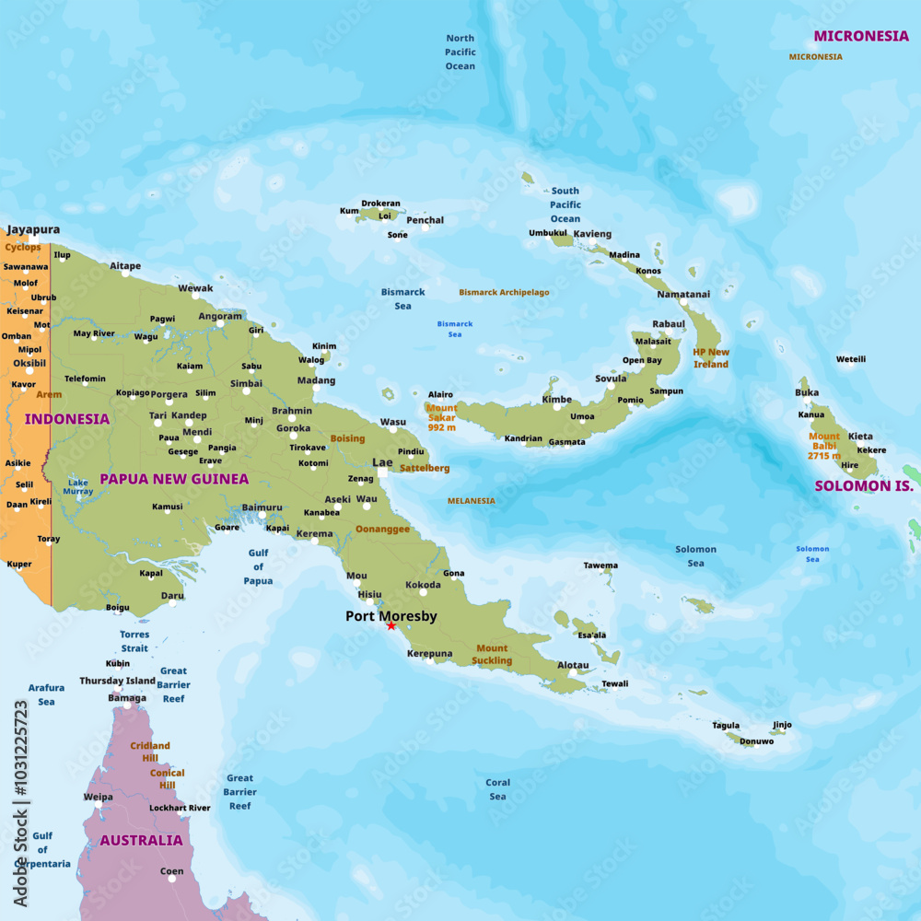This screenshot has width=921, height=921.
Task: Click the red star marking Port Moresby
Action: point(391,625)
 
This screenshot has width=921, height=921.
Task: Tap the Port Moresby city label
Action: point(391,616)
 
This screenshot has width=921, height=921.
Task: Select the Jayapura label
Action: point(33,229)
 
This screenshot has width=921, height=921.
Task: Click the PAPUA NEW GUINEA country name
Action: point(174,479)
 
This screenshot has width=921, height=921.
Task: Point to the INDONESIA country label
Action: point(66,419)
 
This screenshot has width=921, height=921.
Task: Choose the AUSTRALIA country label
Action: point(141,840)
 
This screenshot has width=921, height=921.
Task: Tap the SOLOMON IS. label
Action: point(863,485)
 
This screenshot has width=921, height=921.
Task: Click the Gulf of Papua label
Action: point(258,566)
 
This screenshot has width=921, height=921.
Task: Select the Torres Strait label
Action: point(134,641)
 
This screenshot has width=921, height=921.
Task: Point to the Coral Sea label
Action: point(497,789)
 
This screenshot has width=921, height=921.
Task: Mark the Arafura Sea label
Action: point(46,694)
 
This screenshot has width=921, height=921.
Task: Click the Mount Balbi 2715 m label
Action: point(824,446)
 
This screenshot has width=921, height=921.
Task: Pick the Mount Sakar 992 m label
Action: point(441,417)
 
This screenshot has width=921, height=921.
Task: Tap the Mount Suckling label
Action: point(492,654)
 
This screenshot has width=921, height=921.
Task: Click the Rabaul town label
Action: point(669,324)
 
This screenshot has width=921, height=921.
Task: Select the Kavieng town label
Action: point(592,234)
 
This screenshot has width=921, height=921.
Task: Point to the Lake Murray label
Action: point(78,486)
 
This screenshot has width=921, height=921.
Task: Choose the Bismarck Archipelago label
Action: point(504,292)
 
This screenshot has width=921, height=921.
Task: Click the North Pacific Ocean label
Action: point(460,52)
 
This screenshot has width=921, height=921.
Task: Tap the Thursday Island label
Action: point(117,681)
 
